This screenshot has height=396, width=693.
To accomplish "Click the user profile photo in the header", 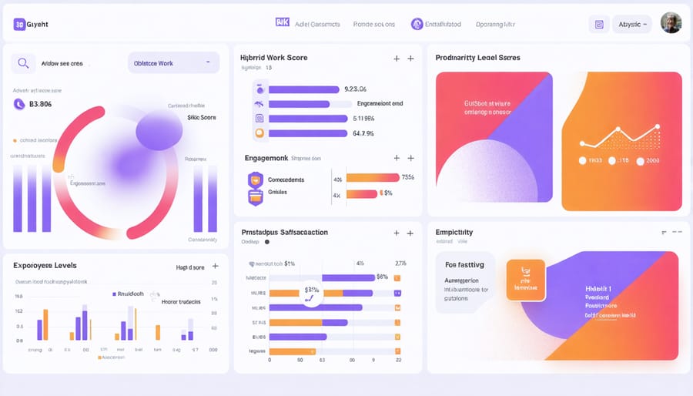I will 671,23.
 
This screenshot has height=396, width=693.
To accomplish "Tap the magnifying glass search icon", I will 24,63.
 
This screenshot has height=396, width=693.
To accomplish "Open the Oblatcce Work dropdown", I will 173,63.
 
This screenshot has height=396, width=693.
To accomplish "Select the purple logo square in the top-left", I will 19,25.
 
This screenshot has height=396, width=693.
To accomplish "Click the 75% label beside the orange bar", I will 408,177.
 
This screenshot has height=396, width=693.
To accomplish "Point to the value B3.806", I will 40,104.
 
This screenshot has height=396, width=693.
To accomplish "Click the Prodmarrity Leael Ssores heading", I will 477,58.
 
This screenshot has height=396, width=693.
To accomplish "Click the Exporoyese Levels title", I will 45,265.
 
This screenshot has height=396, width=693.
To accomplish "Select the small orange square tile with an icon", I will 525,279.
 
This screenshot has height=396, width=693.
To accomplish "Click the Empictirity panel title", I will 454,232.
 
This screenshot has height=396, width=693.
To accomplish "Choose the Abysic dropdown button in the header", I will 631,24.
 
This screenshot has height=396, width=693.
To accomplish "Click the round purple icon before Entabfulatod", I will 417,24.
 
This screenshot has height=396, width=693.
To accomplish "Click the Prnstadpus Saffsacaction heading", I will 285,232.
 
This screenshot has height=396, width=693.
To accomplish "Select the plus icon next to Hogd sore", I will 215,266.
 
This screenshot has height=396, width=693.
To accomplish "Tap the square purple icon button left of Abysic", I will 599,24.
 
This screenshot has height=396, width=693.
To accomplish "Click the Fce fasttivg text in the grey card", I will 464,264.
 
